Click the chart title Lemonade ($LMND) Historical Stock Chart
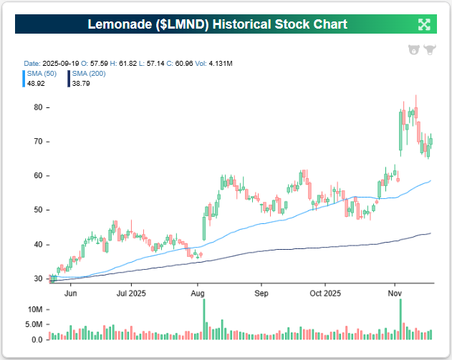click(217, 24)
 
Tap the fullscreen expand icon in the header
click(424, 24)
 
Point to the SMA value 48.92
click(34, 83)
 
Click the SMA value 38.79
click(81, 83)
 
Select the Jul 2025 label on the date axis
click(132, 293)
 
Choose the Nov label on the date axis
click(395, 293)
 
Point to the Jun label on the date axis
click(71, 293)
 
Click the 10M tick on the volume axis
click(34, 309)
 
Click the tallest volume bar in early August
click(204, 319)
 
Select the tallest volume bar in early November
click(400, 319)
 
